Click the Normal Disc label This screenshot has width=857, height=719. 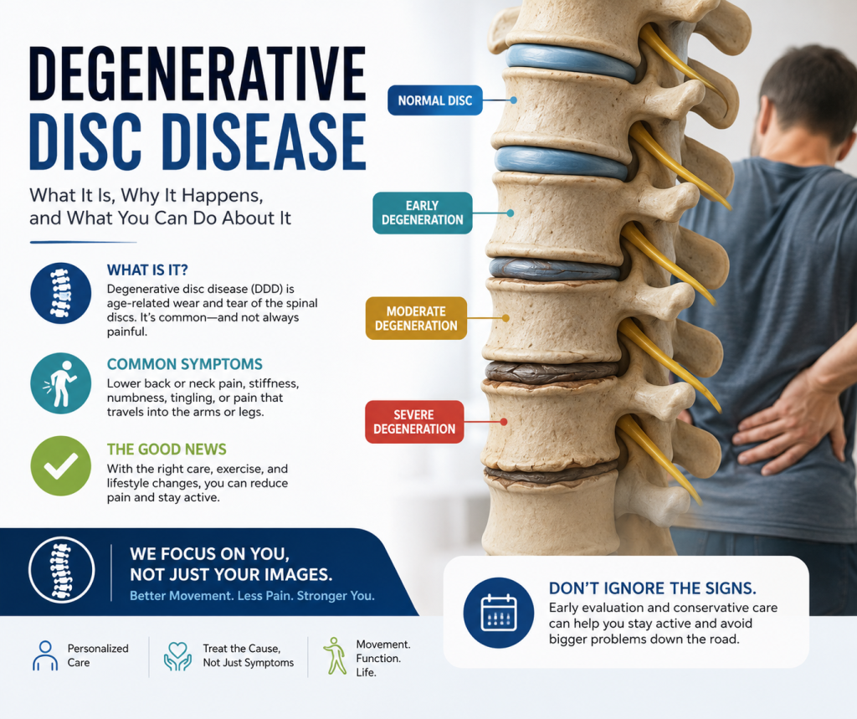pos(435,100)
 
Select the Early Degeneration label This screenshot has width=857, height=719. pos(423,213)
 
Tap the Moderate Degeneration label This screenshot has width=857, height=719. pos(416,318)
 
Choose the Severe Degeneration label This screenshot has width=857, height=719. pos(414,422)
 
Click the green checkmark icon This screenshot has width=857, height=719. pos(60,466)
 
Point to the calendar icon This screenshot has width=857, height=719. pos(499,613)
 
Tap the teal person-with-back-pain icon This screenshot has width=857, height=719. pos(60,383)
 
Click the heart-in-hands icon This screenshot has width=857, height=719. pos(177,656)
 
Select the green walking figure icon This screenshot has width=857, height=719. pos(335,655)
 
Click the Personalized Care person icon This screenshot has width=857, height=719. pos(45,655)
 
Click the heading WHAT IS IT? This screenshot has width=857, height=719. pos(147,270)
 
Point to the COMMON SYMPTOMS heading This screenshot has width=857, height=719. pos(185,364)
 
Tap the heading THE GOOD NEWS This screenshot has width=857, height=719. pos(167,449)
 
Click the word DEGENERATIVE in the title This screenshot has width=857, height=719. pos(198,74)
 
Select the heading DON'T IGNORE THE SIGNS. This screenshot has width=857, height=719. pos(653,588)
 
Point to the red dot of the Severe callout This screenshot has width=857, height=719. pos(503,422)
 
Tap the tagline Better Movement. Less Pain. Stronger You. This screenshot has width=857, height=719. pos(252,596)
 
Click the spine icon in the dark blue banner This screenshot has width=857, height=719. pos(61,570)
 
